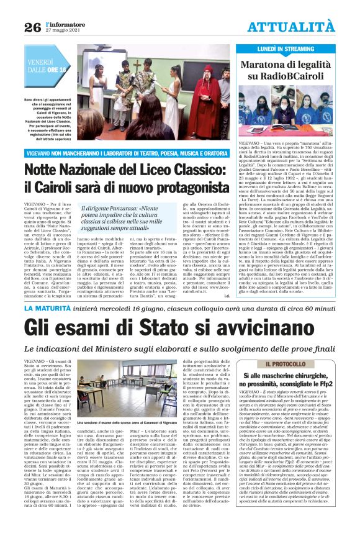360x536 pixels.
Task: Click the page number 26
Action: pos(32,27)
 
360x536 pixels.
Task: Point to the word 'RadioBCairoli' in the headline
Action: pos(294,76)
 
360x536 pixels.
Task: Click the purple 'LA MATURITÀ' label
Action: pos(49,308)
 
